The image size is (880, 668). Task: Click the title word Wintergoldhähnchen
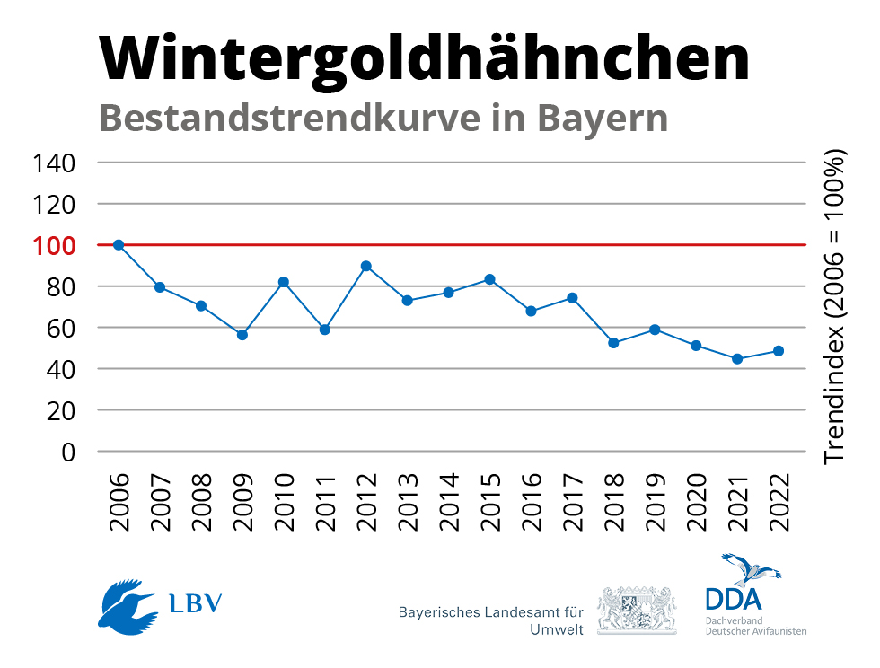click(x=423, y=58)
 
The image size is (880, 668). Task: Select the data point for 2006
click(x=118, y=245)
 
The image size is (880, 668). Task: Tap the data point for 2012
click(x=365, y=266)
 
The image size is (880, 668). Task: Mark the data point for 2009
click(x=242, y=335)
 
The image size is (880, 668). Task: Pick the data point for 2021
click(x=737, y=359)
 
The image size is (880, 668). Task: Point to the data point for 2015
click(x=489, y=279)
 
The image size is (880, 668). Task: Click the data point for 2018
click(x=613, y=343)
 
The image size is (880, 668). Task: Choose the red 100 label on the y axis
click(x=54, y=245)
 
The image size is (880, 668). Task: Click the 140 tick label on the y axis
click(x=54, y=163)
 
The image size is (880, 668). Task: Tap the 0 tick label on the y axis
click(x=67, y=452)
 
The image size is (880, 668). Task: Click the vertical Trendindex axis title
click(x=835, y=306)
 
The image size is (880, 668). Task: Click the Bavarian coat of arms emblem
click(x=637, y=611)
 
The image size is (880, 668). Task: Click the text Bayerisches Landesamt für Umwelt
click(x=492, y=620)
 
